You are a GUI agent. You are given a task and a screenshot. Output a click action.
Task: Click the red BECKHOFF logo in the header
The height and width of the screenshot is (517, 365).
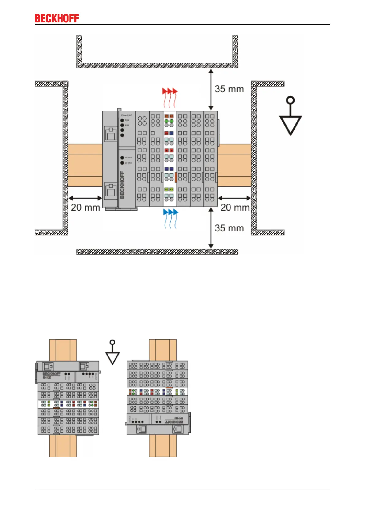click(x=57, y=18)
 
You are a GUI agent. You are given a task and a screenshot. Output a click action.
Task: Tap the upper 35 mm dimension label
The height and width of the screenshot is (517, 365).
click(x=229, y=89)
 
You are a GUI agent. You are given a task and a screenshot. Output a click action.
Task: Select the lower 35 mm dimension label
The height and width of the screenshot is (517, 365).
click(x=229, y=228)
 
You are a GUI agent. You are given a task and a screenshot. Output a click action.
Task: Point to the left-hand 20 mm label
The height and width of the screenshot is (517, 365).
click(x=85, y=208)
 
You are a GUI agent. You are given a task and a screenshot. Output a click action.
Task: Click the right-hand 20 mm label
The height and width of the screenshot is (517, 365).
click(x=235, y=208)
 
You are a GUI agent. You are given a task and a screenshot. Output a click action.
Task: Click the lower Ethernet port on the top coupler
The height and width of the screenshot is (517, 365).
click(x=110, y=190)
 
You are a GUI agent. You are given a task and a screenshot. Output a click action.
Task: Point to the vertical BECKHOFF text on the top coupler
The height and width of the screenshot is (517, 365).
click(x=122, y=185)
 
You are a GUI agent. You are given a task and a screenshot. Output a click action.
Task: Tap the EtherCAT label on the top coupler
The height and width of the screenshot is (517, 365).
click(x=126, y=115)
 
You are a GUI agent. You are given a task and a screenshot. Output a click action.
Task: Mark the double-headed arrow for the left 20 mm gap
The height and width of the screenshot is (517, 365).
click(x=85, y=198)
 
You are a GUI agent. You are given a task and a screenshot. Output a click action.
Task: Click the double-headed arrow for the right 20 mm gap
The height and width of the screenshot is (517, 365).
click(x=234, y=198)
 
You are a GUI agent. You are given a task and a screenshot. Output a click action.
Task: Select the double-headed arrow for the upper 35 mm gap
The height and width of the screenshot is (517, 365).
click(x=211, y=89)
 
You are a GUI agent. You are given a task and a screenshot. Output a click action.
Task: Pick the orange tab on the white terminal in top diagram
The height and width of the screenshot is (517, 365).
click(x=176, y=177)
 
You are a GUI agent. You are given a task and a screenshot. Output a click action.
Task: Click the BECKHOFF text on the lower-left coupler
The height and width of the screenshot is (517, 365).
click(x=51, y=374)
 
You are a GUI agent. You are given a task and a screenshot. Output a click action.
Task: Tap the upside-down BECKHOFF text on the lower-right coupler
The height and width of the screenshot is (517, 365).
click(x=174, y=422)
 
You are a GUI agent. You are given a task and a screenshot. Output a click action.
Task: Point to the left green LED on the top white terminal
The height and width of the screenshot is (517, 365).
click(x=166, y=122)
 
